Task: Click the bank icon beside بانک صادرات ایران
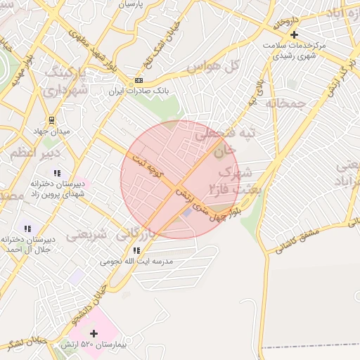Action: click(138, 81)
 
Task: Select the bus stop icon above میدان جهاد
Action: click(52, 120)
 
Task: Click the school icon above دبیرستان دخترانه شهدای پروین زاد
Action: click(57, 172)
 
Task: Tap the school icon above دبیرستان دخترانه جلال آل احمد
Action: click(27, 229)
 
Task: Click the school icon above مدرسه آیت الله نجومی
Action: click(137, 250)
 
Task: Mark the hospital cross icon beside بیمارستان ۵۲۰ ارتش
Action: click(94, 333)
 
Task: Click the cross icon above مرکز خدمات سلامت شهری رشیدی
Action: click(294, 34)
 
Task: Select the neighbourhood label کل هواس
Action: click(214, 66)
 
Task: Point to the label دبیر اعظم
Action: click(36, 153)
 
